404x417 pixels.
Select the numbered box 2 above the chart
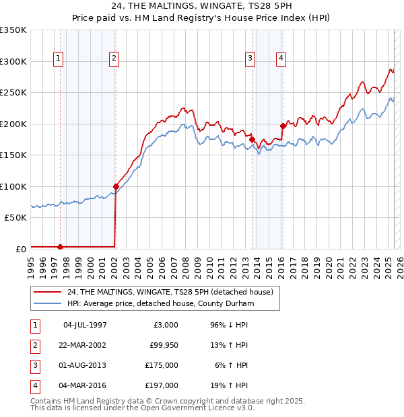[115, 59]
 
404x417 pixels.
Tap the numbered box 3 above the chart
[250, 59]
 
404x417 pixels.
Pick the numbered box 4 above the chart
[280, 59]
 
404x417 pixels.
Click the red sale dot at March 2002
[116, 186]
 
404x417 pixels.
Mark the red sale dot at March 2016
[283, 125]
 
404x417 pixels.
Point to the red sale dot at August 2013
[252, 139]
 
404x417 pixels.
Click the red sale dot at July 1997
[60, 246]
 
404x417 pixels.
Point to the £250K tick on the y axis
[14, 93]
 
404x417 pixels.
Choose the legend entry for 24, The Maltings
[170, 293]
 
